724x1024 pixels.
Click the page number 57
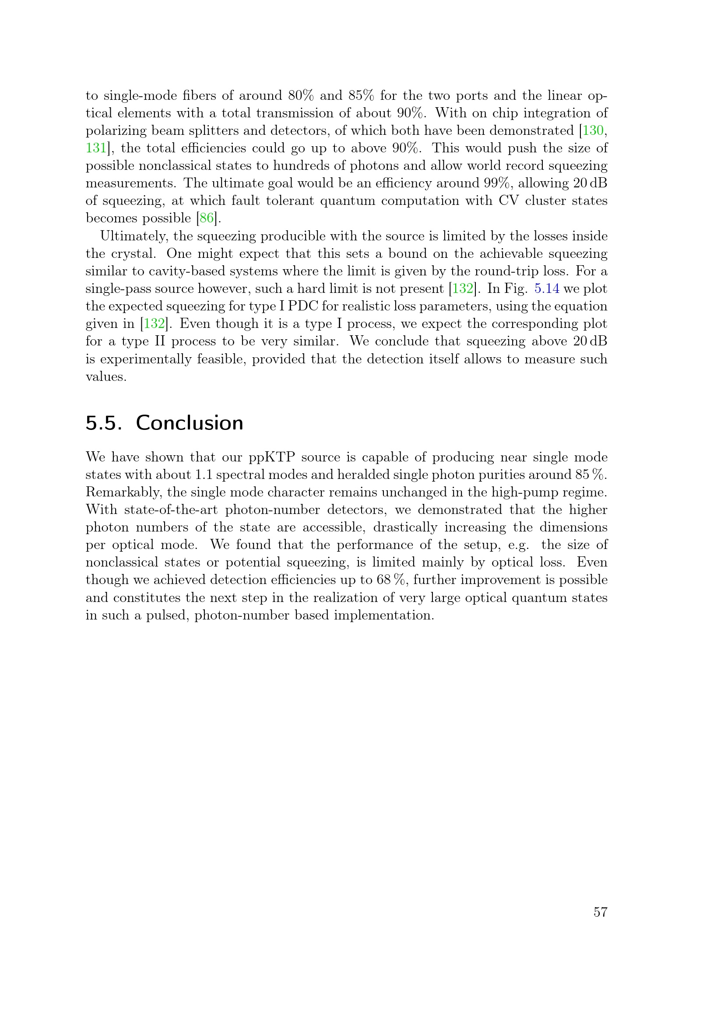pos(600,912)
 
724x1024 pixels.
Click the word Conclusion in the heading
pos(190,423)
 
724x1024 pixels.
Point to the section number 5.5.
pos(103,423)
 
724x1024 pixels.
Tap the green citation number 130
pos(593,130)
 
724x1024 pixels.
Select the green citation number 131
pos(96,148)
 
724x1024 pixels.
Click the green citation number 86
pos(207,218)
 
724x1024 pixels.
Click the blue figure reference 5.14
pos(547,289)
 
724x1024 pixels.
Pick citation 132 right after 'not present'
pos(463,289)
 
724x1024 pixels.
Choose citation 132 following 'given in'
pos(154,324)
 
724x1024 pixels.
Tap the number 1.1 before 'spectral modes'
pos(204,475)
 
